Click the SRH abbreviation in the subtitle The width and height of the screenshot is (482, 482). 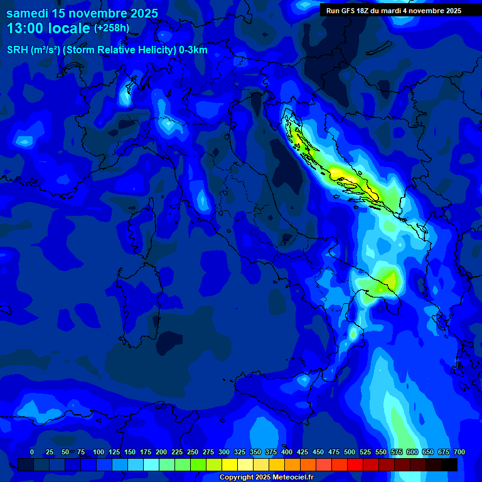(x=18, y=50)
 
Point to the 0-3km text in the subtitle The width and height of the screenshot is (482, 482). (x=193, y=50)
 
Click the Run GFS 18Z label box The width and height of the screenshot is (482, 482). (x=394, y=11)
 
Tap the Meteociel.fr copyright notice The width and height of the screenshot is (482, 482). (x=266, y=478)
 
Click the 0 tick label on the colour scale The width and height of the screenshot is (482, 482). (x=32, y=452)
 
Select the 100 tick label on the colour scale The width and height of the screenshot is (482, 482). (x=98, y=452)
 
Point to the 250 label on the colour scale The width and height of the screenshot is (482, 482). (x=193, y=452)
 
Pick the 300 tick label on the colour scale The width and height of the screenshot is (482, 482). (x=224, y=452)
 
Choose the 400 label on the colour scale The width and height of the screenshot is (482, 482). (x=287, y=452)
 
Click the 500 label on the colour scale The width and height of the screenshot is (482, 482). (x=350, y=452)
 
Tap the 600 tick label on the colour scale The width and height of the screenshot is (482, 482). (x=412, y=452)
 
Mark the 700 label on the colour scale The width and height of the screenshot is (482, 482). (x=459, y=452)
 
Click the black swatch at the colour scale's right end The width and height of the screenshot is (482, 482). (x=449, y=464)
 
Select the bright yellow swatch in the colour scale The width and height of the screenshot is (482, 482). (x=230, y=464)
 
